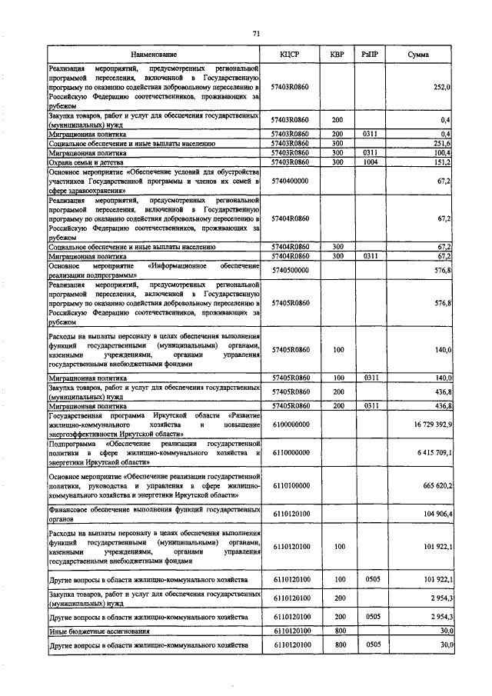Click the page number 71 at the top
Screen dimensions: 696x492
tap(257, 33)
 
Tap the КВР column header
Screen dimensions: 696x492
tap(337, 55)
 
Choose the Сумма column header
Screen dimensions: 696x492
tap(419, 55)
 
